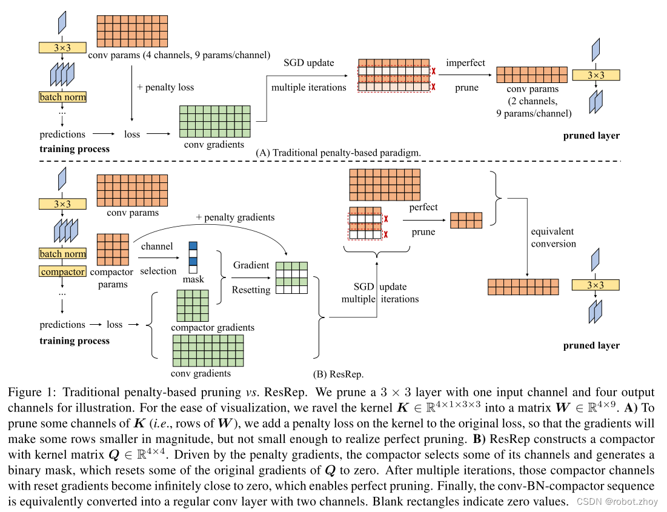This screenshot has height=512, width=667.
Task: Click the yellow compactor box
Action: pos(63,272)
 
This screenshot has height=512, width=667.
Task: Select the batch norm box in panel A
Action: pos(63,97)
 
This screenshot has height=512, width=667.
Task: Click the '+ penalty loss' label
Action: pos(165,87)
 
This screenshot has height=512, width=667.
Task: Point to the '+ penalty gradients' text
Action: pos(235,217)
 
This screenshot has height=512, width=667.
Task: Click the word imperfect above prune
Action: pos(466,63)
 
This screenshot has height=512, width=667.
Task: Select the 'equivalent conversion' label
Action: pos(553,238)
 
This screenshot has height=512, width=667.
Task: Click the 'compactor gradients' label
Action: pos(213,327)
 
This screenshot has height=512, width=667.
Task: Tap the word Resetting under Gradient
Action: pos(251,290)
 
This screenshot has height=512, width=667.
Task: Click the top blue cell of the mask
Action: pos(193,246)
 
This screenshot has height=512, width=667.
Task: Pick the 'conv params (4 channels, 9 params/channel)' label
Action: pos(179,55)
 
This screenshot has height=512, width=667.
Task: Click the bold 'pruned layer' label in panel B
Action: pos(591,345)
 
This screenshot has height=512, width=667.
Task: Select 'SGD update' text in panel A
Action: pos(308,63)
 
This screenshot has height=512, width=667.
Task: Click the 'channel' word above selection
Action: pos(156,247)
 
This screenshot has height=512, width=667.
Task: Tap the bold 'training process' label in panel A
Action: pos(75,148)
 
